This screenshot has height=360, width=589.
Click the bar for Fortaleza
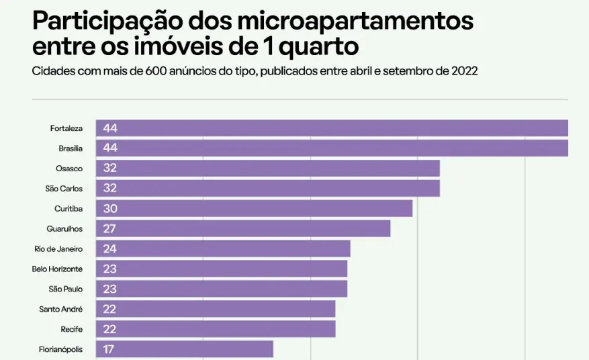click(332, 128)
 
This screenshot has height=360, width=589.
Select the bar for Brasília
click(332, 148)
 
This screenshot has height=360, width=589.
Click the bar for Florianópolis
click(184, 349)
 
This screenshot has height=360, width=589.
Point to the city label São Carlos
click(64, 189)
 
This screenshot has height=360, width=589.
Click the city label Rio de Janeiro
click(58, 249)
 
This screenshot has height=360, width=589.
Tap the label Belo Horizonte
click(57, 269)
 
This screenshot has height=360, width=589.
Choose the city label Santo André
click(61, 310)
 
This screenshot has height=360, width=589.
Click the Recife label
click(71, 330)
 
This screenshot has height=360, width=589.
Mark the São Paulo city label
click(66, 289)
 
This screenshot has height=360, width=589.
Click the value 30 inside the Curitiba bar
click(110, 209)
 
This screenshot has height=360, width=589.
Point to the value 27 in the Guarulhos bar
click(110, 229)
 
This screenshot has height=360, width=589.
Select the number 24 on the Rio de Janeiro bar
click(110, 249)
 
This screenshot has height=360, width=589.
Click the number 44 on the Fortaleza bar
click(110, 128)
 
